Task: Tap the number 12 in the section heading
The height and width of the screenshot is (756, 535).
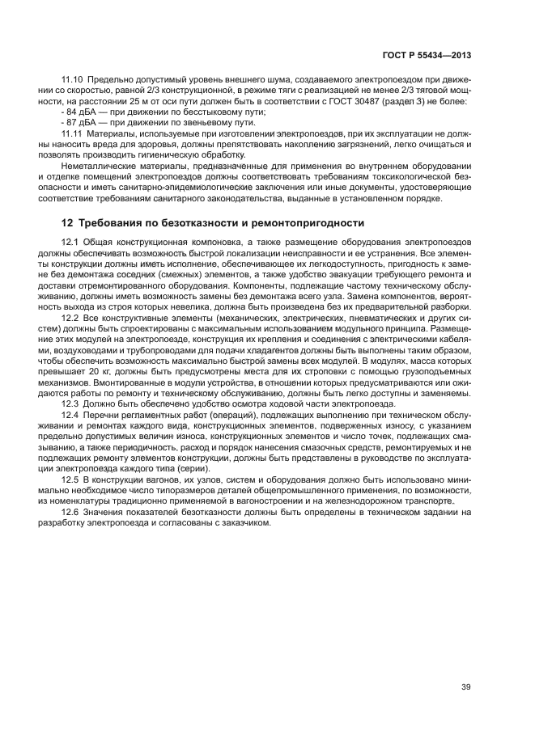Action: click(68, 222)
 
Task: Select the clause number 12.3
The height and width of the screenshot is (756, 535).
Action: click(70, 403)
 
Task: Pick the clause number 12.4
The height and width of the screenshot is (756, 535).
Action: click(70, 413)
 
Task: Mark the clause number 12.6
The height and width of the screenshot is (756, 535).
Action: click(70, 513)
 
